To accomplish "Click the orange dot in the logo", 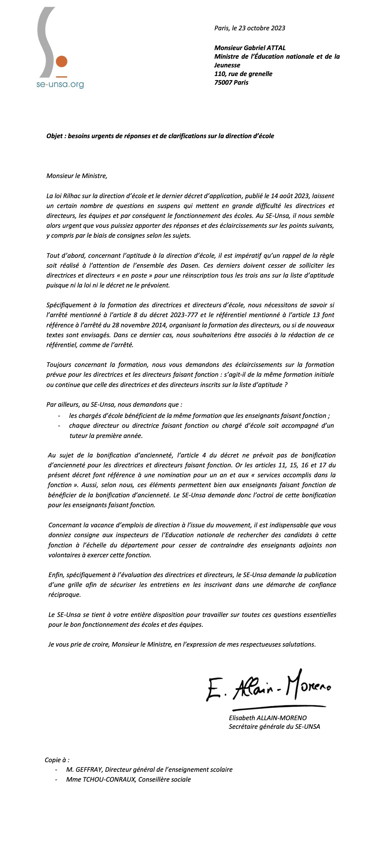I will [62, 62].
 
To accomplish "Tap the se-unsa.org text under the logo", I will [60, 85].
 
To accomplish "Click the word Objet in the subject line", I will [54, 136].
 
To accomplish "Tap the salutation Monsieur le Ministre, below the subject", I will [77, 176].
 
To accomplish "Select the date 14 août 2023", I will [290, 196].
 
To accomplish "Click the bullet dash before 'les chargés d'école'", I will [59, 416].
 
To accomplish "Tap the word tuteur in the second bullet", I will [78, 436].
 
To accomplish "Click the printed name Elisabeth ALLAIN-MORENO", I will [268, 718].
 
